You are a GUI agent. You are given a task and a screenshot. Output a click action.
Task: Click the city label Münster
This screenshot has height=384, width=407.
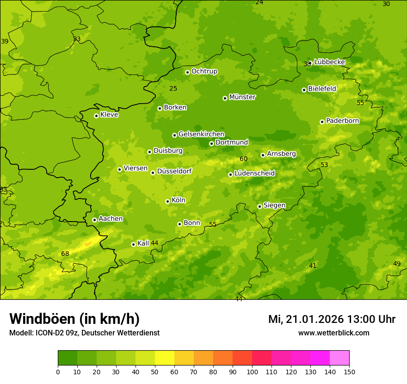(242, 97)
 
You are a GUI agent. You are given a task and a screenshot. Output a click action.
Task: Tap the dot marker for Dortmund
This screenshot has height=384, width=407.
(211, 143)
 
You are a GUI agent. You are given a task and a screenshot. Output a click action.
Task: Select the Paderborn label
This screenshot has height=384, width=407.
(342, 121)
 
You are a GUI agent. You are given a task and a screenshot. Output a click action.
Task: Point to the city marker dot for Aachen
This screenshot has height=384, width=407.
(94, 220)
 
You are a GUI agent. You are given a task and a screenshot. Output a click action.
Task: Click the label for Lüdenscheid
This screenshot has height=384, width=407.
(254, 173)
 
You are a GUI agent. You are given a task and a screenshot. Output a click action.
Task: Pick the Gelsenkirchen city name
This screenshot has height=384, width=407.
(201, 134)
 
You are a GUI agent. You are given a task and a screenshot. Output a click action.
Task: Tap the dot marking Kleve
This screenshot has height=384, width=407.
(96, 116)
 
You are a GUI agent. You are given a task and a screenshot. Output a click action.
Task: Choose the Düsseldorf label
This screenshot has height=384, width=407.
(174, 171)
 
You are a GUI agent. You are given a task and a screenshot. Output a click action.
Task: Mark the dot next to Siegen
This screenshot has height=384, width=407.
(259, 206)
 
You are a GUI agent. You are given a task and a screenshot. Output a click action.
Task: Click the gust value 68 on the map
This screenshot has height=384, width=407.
(65, 254)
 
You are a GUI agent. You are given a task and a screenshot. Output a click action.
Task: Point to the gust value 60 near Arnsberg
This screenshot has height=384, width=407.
(244, 159)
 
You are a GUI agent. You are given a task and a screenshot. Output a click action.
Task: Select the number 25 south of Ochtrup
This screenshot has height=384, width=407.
(173, 88)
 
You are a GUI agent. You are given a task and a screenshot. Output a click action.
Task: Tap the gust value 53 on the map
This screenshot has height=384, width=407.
(324, 165)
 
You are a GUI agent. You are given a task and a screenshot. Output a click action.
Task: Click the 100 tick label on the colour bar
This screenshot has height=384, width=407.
(252, 372)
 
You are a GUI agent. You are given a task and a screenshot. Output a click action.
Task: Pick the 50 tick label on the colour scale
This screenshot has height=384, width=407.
(155, 372)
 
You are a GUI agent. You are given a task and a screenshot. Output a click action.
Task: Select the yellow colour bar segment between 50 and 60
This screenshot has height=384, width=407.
(165, 358)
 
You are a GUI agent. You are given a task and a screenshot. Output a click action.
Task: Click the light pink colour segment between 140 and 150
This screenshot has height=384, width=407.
(339, 358)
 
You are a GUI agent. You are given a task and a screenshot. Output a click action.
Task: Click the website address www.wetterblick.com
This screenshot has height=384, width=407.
(333, 333)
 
